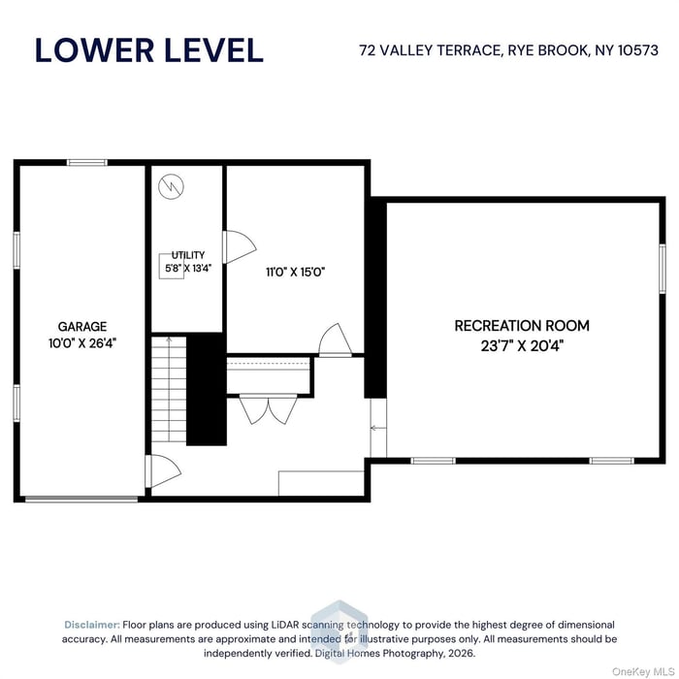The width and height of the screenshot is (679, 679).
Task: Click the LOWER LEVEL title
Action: [x=148, y=49]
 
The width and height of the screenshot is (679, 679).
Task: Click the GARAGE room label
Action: [x=82, y=327]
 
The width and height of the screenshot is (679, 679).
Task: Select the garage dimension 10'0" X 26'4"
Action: [x=82, y=342]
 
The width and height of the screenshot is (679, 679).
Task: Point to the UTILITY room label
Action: [x=188, y=255]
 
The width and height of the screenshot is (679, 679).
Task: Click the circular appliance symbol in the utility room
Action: [x=172, y=183]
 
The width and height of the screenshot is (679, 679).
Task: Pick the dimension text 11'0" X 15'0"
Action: [x=295, y=273]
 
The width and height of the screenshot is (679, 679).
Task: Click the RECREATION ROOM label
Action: [x=522, y=326]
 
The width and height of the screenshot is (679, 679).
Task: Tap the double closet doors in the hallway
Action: [x=267, y=409]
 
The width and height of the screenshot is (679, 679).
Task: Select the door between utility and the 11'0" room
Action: [x=236, y=246]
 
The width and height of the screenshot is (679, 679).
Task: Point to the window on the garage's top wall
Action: [x=87, y=162]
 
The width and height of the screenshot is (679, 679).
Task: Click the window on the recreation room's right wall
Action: [x=663, y=268]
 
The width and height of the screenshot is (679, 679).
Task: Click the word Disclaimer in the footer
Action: [x=92, y=625]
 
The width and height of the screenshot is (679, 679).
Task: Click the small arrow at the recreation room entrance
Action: [x=376, y=428]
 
